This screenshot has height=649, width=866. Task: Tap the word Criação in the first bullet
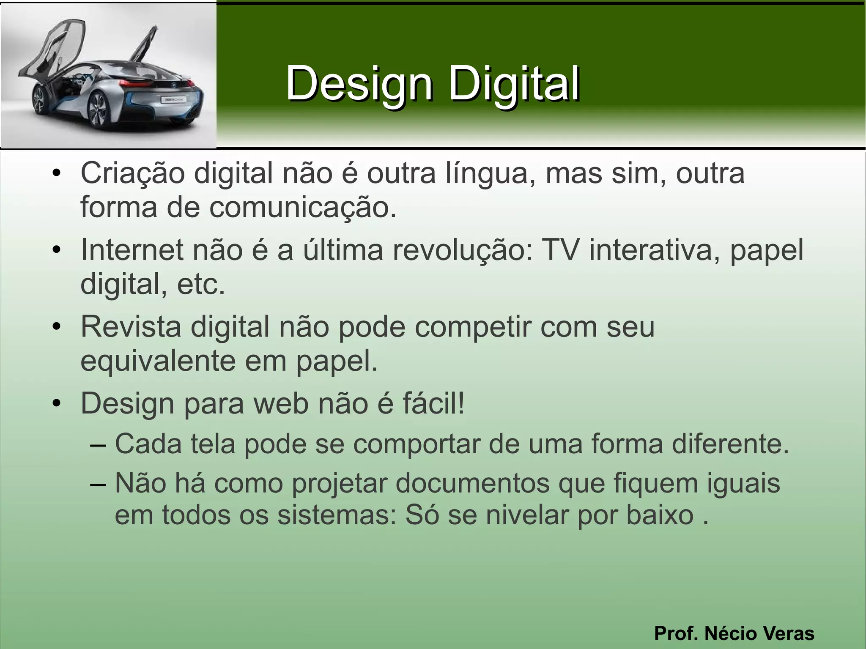[132, 173]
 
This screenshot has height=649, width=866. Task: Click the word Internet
[132, 250]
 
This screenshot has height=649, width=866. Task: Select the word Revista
[131, 327]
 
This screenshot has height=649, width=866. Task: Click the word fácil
[433, 403]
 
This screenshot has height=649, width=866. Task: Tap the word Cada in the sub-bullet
[148, 444]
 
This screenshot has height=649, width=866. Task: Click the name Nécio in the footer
[734, 633]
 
